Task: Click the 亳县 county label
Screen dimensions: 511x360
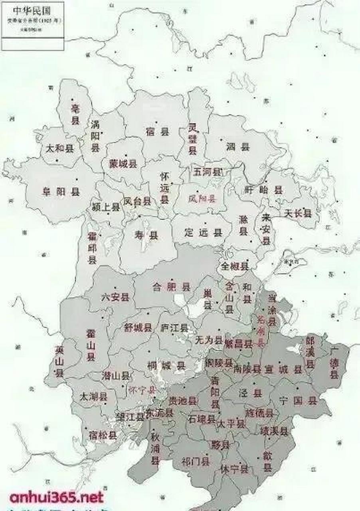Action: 75,114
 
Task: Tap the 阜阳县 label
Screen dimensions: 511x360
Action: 61,192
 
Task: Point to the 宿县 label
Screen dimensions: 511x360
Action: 158,132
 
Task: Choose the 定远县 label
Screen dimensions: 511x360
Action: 203,233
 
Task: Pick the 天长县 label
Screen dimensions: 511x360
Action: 297,214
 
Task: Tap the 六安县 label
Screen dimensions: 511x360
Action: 115,297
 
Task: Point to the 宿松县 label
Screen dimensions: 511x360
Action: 103,435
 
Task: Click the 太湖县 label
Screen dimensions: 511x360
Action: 94,397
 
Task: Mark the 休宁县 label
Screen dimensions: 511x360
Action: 234,469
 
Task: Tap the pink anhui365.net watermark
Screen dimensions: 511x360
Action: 56,497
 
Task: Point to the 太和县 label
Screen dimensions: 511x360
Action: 60,149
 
